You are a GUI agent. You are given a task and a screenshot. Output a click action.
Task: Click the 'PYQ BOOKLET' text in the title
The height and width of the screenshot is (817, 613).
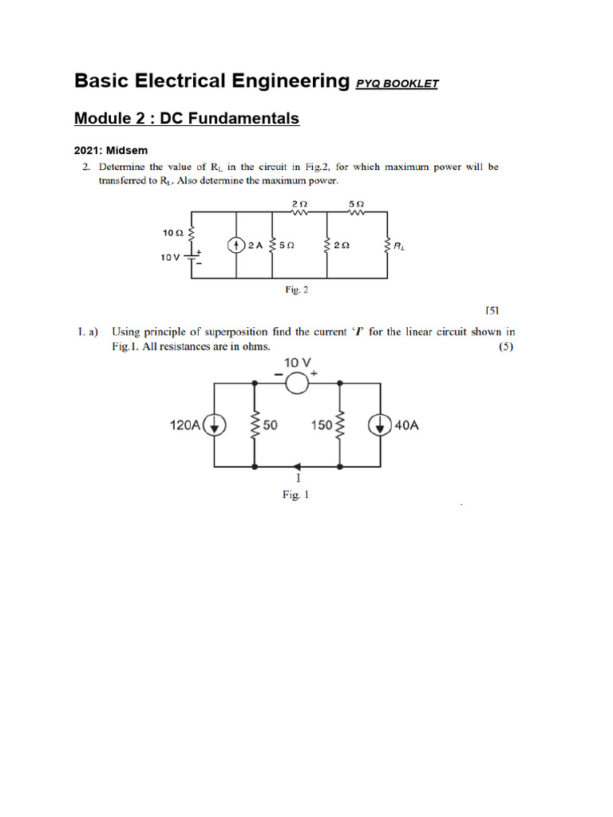tap(397, 84)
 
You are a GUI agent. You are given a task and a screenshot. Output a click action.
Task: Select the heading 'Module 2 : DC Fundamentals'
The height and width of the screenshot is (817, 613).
tap(187, 119)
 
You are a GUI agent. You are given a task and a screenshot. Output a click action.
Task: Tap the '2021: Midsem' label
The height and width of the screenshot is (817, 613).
tap(111, 150)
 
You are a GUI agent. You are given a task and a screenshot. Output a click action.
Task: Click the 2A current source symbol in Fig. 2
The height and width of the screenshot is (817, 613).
tap(236, 246)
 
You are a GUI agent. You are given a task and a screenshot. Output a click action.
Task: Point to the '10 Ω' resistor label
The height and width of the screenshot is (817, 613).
tap(173, 233)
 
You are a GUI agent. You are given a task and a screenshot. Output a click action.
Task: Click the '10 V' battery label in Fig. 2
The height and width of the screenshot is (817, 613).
tap(171, 258)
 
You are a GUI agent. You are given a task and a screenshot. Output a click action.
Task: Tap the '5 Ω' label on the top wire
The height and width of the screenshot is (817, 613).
tap(357, 205)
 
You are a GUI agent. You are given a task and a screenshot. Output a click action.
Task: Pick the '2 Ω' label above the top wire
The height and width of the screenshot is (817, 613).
tap(302, 205)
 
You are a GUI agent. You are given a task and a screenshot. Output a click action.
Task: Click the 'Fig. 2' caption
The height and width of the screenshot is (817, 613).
tap(297, 290)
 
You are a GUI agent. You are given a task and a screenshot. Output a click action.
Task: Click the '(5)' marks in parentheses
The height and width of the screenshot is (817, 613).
tap(506, 347)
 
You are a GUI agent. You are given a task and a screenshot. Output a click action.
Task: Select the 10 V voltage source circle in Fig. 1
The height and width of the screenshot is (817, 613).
tap(297, 384)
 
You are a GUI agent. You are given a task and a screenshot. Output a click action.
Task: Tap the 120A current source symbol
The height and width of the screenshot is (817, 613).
tap(214, 425)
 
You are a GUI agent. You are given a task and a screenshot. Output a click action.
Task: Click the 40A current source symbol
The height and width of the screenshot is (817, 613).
tap(379, 425)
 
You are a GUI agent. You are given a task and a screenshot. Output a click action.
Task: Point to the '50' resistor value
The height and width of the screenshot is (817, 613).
tap(270, 425)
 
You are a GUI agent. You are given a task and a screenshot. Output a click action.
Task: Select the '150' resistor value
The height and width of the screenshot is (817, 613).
tap(322, 425)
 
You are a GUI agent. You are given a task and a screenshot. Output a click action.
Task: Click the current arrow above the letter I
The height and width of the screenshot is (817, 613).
tap(298, 465)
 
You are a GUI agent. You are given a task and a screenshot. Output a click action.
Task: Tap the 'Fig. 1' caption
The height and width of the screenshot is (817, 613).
tap(295, 495)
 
